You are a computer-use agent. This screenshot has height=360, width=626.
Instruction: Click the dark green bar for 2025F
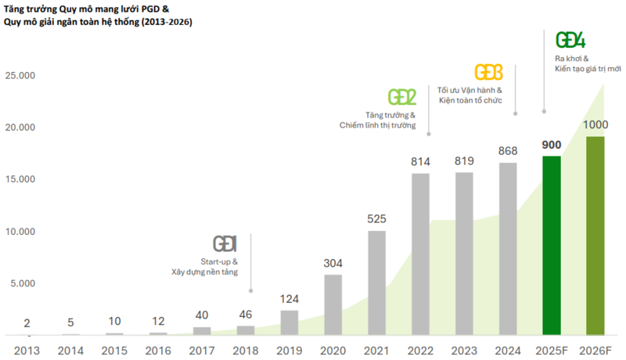pyautogui.click(x=552, y=245)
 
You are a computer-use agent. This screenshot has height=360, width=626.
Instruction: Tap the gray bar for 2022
pyautogui.click(x=420, y=254)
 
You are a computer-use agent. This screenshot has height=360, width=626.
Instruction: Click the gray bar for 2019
pyautogui.click(x=289, y=322)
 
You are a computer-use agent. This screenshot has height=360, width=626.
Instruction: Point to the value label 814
pyautogui.click(x=420, y=162)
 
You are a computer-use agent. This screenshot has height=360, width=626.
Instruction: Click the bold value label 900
pyautogui.click(x=552, y=145)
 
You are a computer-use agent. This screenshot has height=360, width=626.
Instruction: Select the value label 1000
pyautogui.click(x=595, y=125)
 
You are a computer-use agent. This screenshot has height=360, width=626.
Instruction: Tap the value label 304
pyautogui.click(x=333, y=263)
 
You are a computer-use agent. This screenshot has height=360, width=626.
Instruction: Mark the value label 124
pyautogui.click(x=289, y=299)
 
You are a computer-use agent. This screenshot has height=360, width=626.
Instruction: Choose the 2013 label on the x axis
pyautogui.click(x=27, y=350)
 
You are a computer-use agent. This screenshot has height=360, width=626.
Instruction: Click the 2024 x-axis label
pyautogui.click(x=508, y=350)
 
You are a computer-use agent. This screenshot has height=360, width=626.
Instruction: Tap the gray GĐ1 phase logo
pyautogui.click(x=225, y=243)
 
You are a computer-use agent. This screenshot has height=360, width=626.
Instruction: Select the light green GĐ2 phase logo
pyautogui.click(x=402, y=97)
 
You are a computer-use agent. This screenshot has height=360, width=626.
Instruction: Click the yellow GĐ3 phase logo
pyautogui.click(x=489, y=72)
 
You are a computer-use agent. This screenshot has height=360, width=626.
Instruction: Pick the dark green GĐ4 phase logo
pyautogui.click(x=570, y=40)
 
